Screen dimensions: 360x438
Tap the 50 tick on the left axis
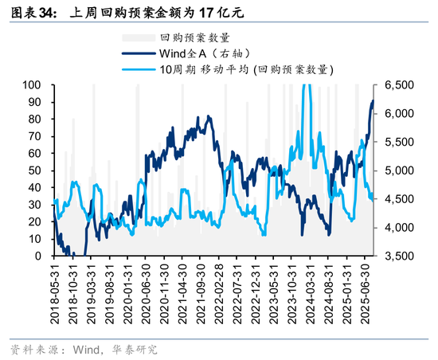(36, 170)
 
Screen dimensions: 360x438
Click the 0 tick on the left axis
(39, 256)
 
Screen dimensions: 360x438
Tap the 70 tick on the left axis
(36, 136)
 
